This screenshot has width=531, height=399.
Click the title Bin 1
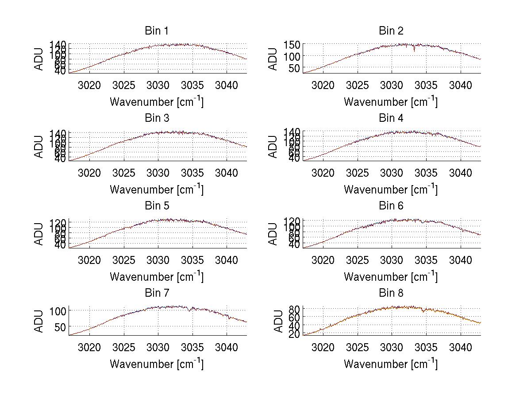pos(157,31)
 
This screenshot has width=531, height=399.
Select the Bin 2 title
pos(391,31)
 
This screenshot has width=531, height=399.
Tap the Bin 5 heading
pos(157,206)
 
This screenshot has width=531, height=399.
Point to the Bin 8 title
pos(391,293)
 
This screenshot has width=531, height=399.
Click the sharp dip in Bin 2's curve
pos(414,50)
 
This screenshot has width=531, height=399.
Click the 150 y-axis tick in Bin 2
pos(296,44)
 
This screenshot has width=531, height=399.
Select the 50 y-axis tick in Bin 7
pos(62,327)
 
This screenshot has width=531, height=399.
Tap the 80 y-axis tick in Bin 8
pos(296,309)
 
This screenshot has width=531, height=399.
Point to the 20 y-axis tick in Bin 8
pos(296,334)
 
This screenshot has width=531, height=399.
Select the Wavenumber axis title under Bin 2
pos(391,102)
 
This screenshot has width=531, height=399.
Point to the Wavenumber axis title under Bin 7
pos(157,364)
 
